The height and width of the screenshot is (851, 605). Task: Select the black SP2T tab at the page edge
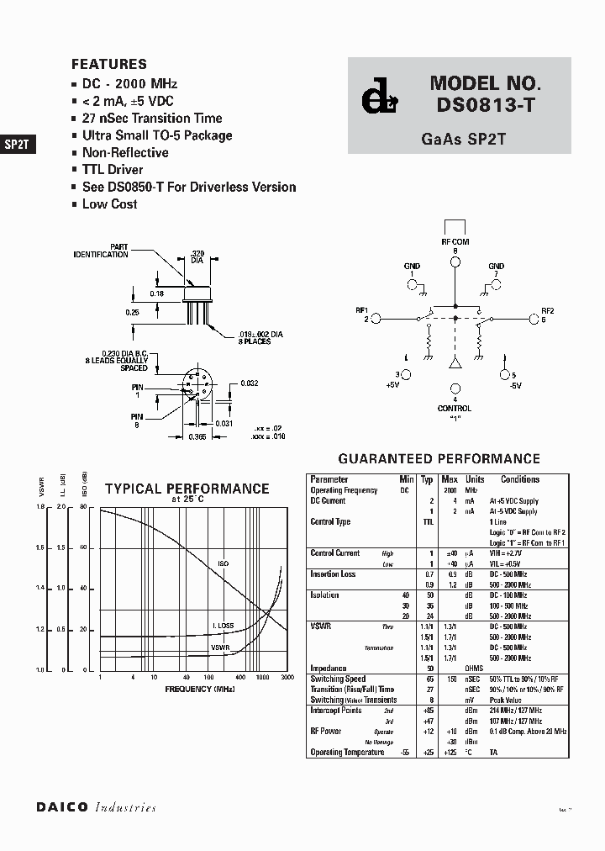coord(18,144)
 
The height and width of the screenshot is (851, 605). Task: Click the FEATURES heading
coord(109,64)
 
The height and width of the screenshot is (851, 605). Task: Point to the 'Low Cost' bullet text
coord(109,204)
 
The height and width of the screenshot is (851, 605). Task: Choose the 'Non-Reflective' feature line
coord(124,153)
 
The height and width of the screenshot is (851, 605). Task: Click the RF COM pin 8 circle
coord(455,262)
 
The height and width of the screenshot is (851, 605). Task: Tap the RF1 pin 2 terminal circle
coord(376,319)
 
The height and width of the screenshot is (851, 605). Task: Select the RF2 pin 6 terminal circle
coord(534,319)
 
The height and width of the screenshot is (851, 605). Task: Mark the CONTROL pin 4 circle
coord(455,388)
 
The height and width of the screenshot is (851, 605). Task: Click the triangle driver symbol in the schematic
coord(455,363)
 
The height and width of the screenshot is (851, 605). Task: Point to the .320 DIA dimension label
coord(197,256)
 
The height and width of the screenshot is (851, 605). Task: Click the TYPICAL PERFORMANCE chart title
coord(187,489)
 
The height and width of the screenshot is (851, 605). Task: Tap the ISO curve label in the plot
coord(224,564)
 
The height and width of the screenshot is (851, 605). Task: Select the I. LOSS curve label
coord(223,626)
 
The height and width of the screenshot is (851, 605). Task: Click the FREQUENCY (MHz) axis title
coord(187,689)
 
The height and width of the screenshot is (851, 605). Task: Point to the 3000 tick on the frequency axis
coord(287,677)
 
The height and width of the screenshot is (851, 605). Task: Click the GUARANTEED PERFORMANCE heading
coord(439,459)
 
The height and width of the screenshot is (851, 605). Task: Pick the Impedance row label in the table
coord(329,669)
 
